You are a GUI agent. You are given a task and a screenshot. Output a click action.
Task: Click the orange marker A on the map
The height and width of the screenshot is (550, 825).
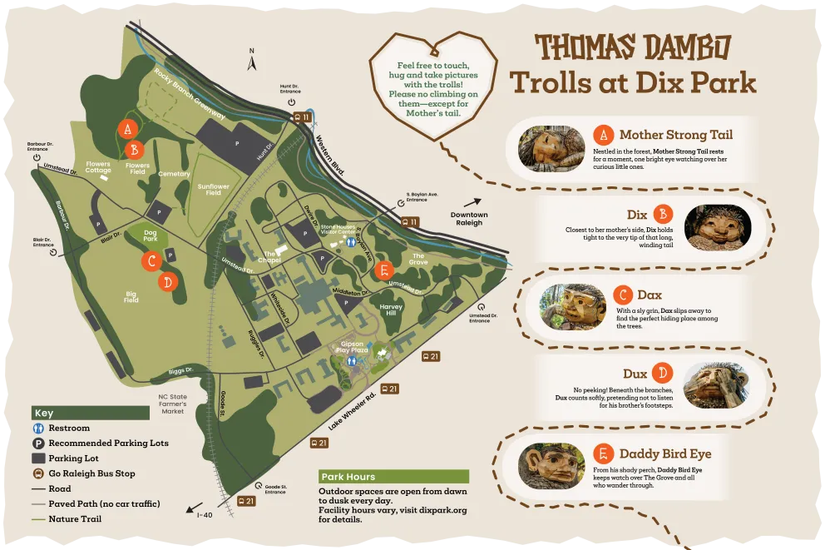pos(127,129)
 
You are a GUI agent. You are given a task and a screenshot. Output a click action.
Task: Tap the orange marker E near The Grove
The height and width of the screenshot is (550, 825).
pos(383,270)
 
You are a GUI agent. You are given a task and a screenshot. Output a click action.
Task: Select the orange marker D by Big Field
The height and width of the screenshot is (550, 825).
pos(168,282)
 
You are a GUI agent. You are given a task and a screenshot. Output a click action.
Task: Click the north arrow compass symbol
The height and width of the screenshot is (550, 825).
pos(252,58)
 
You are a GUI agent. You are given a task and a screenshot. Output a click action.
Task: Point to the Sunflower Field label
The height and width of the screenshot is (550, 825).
pos(214,190)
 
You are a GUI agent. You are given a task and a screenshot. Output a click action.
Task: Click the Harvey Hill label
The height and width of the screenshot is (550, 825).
pos(391,310)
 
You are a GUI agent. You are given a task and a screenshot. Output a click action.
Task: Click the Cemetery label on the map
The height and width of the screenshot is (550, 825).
pos(175,174)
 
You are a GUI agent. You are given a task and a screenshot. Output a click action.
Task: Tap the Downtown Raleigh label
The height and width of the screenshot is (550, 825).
pos(469,219)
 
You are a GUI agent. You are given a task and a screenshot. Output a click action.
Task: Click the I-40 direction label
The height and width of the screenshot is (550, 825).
pos(205,514)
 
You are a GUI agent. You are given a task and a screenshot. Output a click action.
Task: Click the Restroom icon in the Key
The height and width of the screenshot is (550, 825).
pos(38,429)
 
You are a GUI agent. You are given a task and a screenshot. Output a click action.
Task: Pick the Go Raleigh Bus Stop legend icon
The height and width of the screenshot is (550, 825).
pos(38,473)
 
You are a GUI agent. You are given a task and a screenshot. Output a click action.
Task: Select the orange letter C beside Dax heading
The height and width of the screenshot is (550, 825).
pos(623,295)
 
